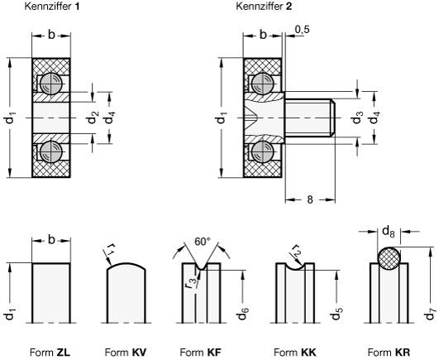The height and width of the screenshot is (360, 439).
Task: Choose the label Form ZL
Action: pos(50,351)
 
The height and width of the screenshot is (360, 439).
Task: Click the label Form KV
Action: pos(126,351)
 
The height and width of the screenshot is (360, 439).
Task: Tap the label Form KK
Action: pos(293,351)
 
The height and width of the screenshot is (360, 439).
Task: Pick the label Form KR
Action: pos(386,351)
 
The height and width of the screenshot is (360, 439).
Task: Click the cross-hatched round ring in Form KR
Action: pos(389,257)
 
